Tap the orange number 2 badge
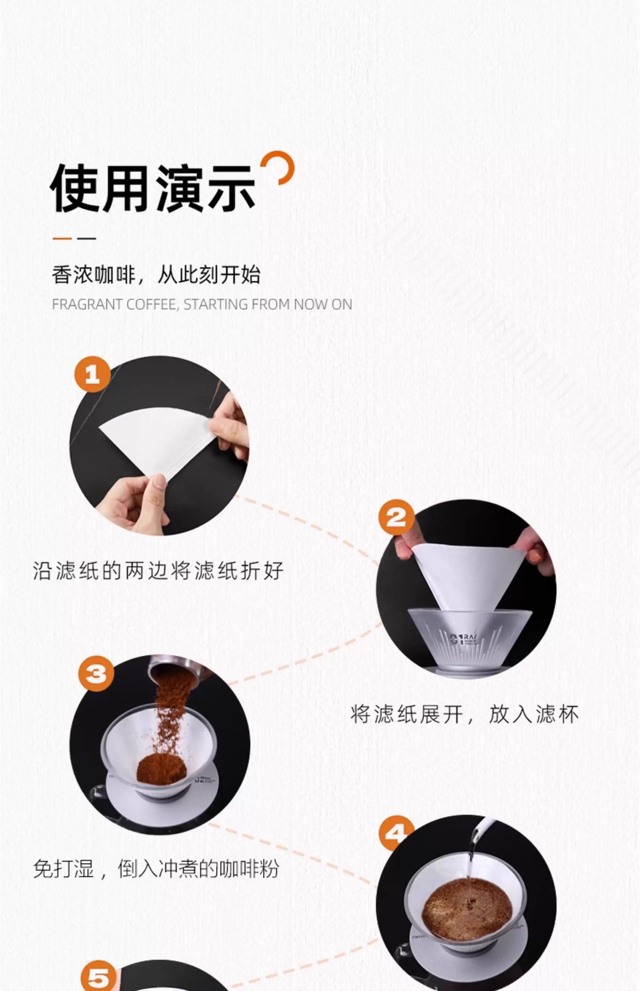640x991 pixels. click(x=396, y=517)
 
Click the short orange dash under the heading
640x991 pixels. click(x=62, y=238)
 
